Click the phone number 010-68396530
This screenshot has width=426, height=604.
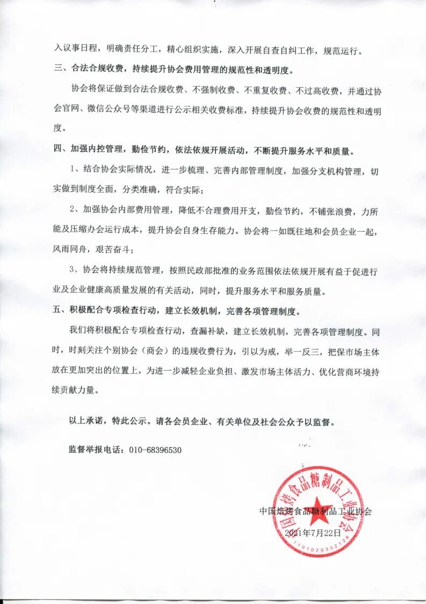(x=155, y=450)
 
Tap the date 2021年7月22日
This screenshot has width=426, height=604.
(x=313, y=532)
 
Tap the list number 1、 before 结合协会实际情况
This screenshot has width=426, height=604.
(x=76, y=170)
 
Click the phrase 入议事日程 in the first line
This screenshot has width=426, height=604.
(x=75, y=52)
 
